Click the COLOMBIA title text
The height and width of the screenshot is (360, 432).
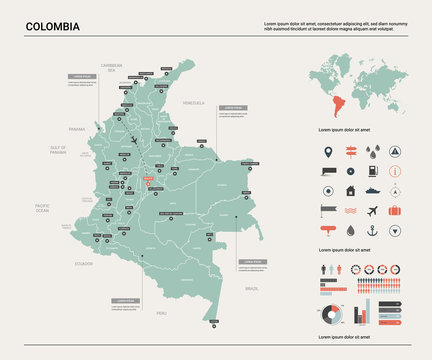(x=54, y=25)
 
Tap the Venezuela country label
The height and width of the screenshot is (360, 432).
(x=193, y=103)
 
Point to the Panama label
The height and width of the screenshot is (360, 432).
(x=77, y=129)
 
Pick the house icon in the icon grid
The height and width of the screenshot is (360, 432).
(x=350, y=190)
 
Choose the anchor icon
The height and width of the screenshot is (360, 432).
(x=373, y=231)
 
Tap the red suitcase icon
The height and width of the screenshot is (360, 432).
(x=395, y=210)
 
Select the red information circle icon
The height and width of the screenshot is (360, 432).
(x=395, y=171)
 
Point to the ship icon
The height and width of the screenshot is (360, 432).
(x=373, y=190)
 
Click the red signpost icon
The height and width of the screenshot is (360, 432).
(x=350, y=153)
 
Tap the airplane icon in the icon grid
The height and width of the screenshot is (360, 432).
(x=373, y=210)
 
